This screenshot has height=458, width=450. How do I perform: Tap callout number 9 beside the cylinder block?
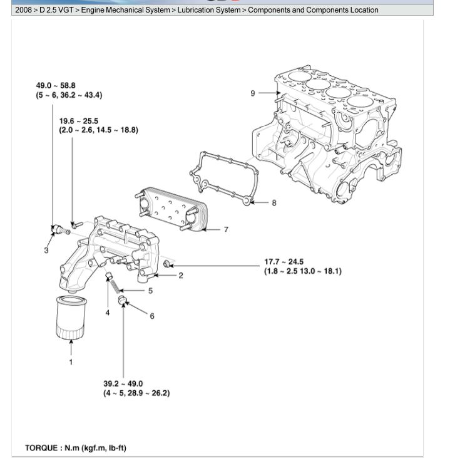pos(253,93)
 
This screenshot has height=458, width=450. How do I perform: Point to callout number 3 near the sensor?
pos(46,251)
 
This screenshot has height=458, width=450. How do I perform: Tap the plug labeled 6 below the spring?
pos(124,305)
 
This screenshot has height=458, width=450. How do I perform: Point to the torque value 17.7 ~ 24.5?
pos(284,262)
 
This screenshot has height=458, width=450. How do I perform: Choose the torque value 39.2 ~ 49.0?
pos(123,384)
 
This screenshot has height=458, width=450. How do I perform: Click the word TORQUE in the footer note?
pos(43,448)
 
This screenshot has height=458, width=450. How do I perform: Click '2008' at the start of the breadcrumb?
pos(23,10)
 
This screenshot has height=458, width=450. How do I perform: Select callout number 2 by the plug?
pos(181,275)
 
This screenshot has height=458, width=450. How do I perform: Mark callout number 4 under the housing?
pos(107,312)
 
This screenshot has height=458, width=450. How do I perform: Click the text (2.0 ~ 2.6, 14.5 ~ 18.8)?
pos(98,130)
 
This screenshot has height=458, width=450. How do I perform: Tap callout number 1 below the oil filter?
pos(71,362)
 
